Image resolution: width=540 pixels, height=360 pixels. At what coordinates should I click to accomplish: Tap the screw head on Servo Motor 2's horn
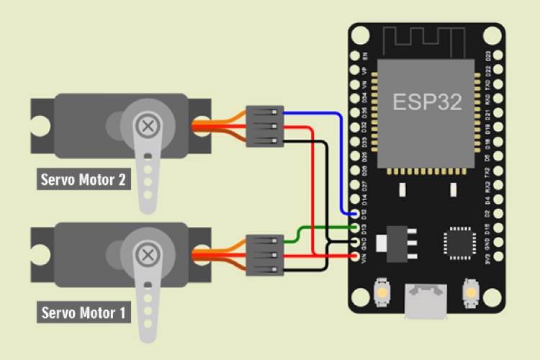[x=148, y=126]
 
